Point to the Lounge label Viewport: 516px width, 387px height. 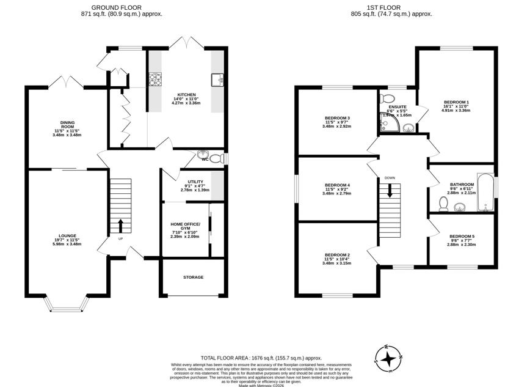coord(67,239)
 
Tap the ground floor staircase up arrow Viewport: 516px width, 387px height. coord(120,224)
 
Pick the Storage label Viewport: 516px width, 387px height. coord(193,277)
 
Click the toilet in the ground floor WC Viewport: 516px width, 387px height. coord(203,156)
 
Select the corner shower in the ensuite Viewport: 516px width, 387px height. coord(387,125)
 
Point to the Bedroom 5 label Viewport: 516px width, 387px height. coord(462,240)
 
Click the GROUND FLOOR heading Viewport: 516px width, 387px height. coord(122,7)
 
